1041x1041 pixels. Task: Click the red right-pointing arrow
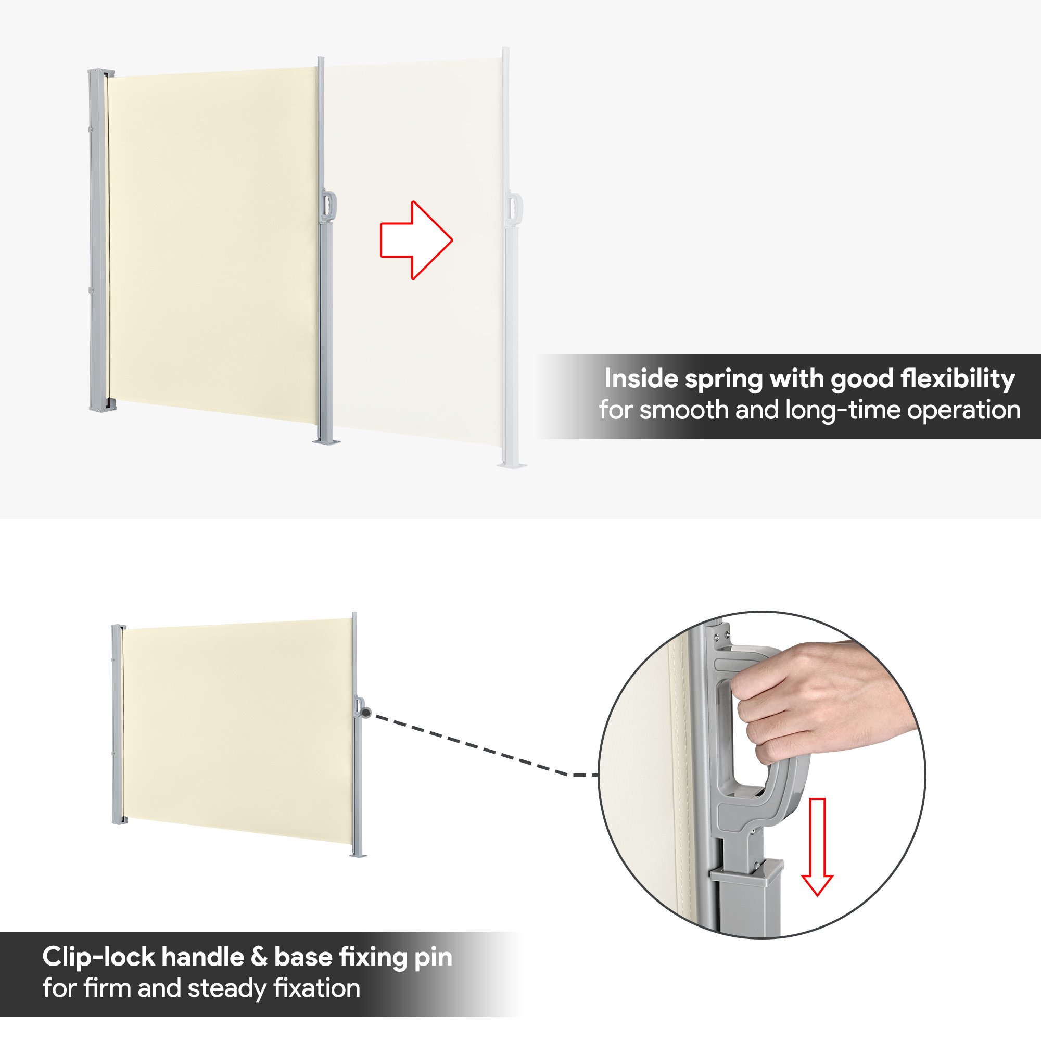(x=416, y=240)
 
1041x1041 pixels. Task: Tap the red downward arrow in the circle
(x=817, y=847)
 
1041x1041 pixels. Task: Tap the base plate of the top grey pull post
(x=326, y=442)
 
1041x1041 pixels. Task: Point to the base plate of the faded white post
(x=511, y=464)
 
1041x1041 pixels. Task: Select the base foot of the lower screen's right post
(x=357, y=855)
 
